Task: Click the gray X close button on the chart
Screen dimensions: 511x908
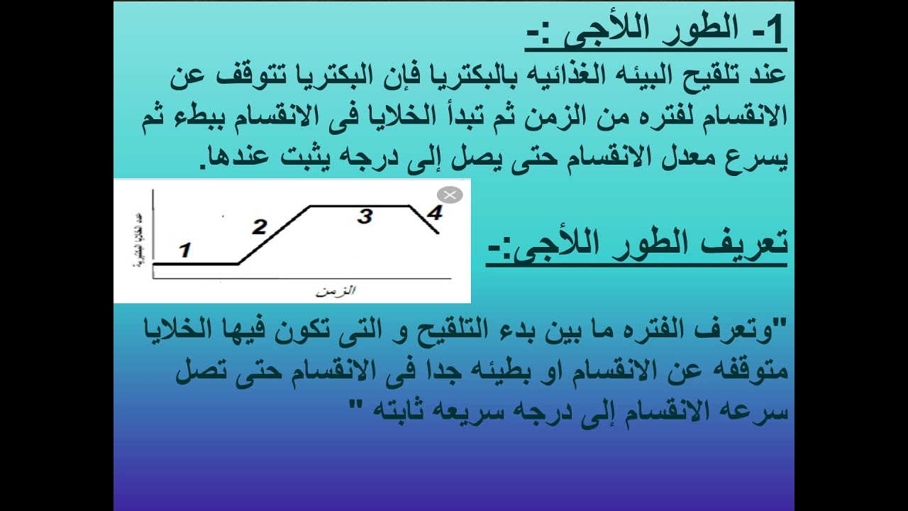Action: coord(450,194)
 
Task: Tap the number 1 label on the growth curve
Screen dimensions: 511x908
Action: coord(184,250)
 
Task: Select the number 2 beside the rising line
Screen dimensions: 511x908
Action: coord(259,227)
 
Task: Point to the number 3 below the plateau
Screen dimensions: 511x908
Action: coord(365,216)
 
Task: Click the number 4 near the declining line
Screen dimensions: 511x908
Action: coord(435,212)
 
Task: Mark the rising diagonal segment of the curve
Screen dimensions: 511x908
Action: coord(273,235)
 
